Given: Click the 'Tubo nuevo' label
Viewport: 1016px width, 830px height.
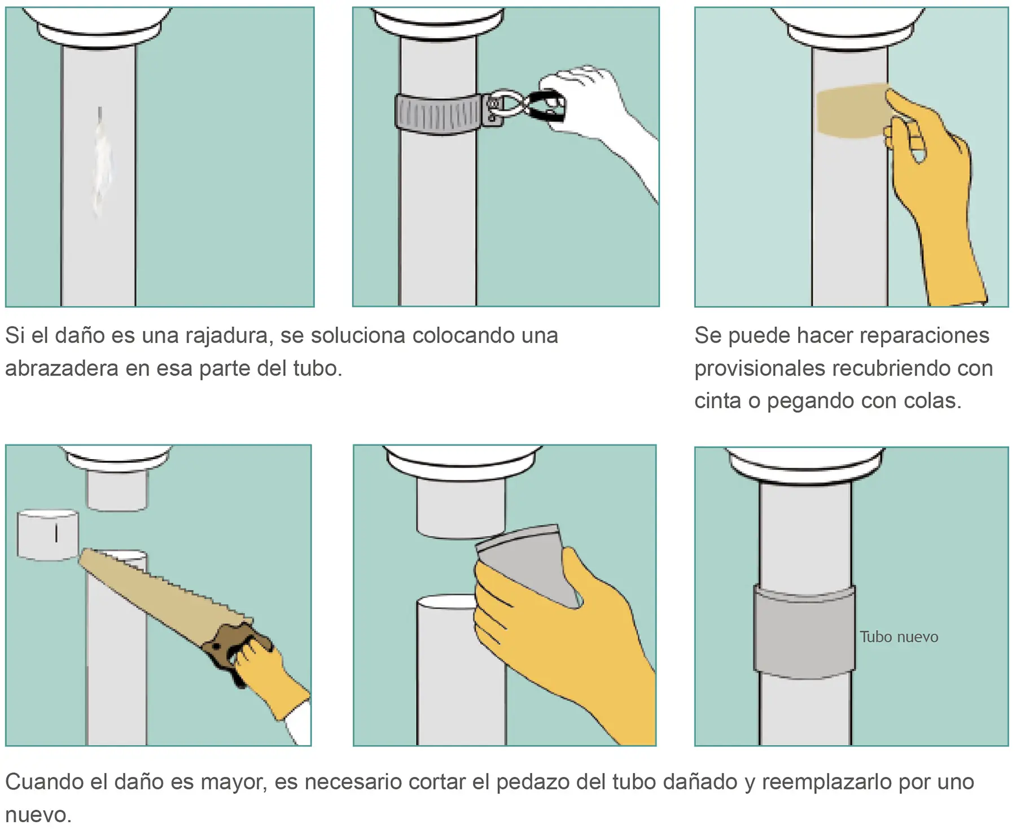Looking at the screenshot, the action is coord(899,637).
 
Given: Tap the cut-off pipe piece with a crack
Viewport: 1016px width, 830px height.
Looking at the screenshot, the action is coord(47,535).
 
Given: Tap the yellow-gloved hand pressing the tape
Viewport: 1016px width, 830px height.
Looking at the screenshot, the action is coord(931,192).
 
